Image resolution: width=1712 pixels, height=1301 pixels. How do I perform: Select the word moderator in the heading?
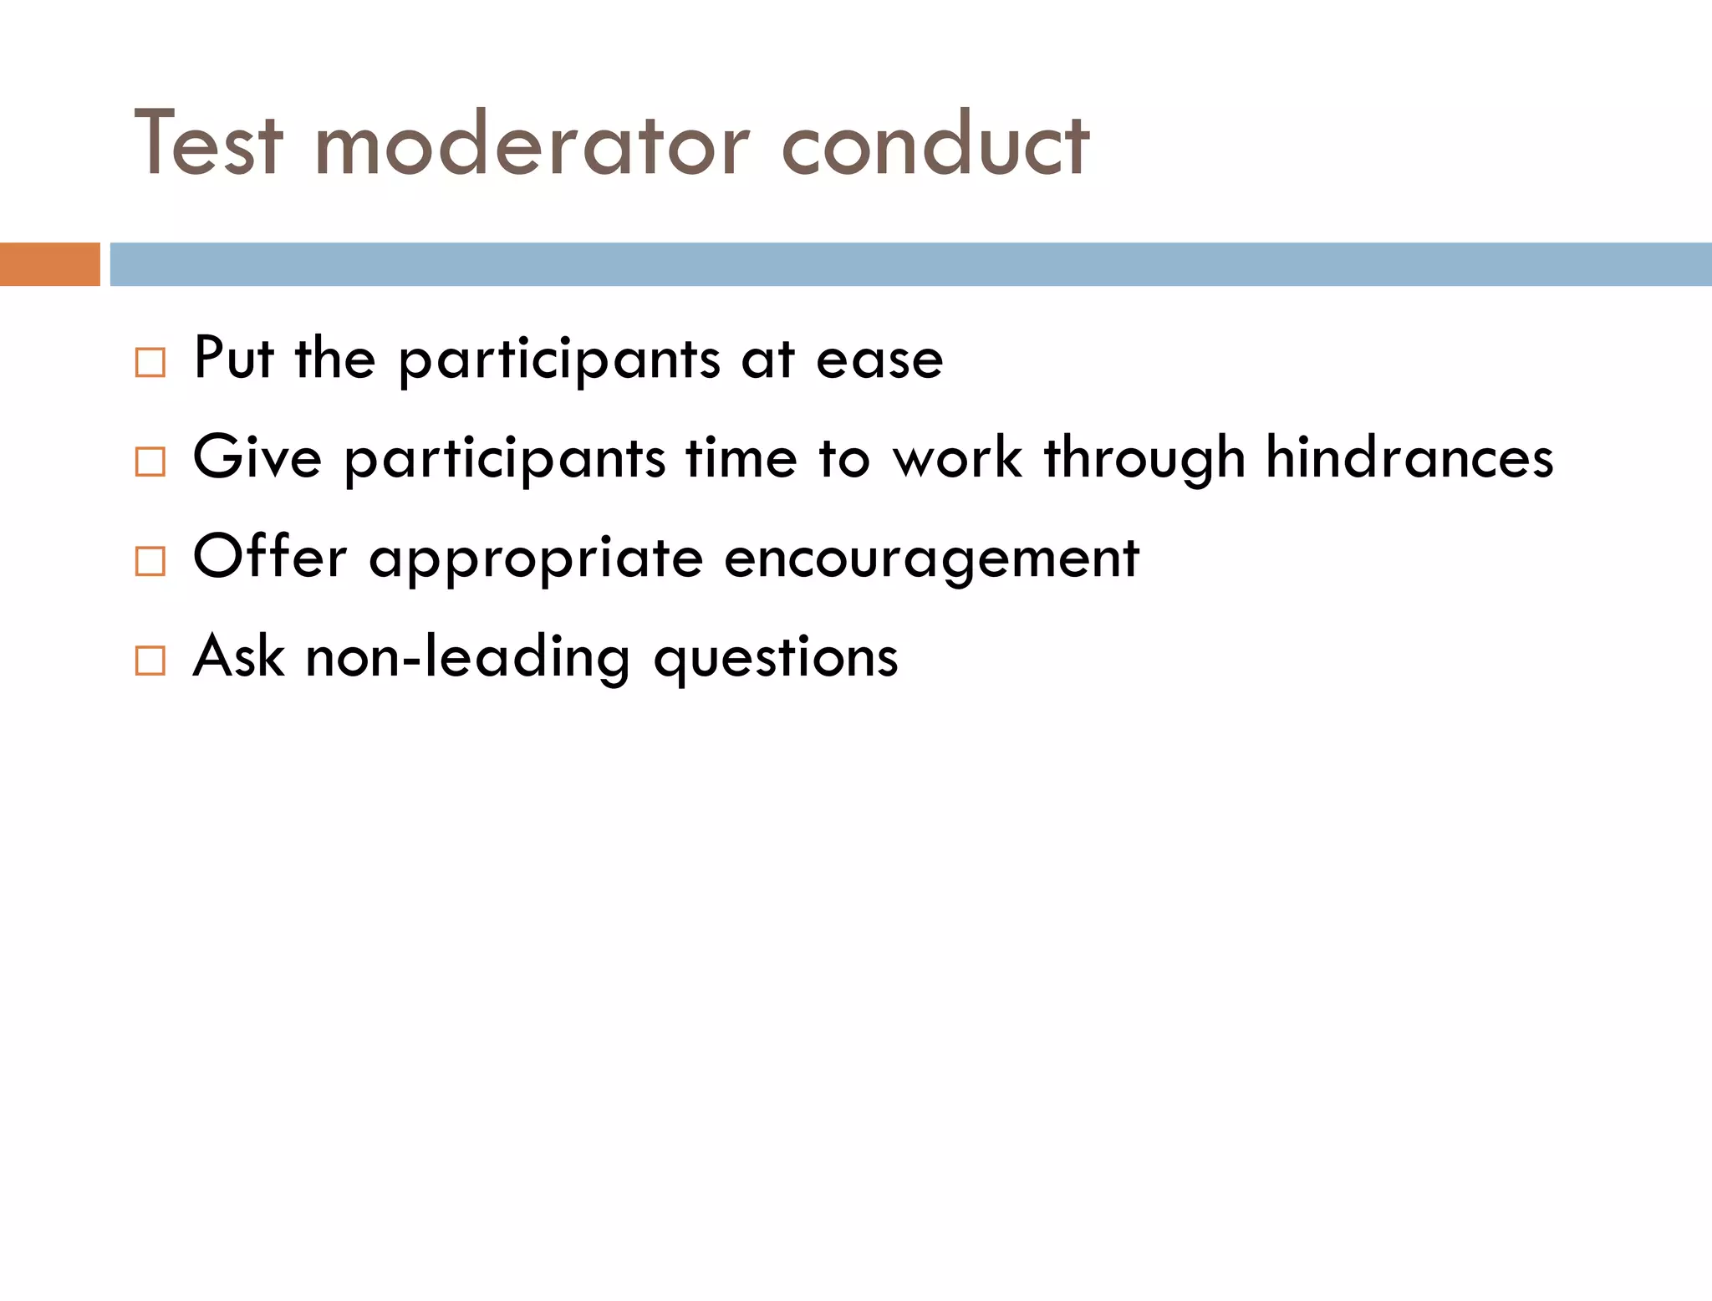click(532, 145)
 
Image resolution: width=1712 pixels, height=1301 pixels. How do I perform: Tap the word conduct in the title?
click(935, 145)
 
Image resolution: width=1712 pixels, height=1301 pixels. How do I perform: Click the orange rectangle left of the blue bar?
click(49, 264)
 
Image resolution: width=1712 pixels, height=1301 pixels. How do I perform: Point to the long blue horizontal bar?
click(910, 264)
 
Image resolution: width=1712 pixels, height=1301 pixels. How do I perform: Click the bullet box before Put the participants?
click(150, 363)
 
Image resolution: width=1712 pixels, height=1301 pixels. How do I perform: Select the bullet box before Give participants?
click(150, 462)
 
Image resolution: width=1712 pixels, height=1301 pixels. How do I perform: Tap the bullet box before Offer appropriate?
click(150, 561)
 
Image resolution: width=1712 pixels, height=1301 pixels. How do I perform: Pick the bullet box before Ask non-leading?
click(150, 661)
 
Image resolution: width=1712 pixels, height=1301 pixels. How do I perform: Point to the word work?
click(958, 458)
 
